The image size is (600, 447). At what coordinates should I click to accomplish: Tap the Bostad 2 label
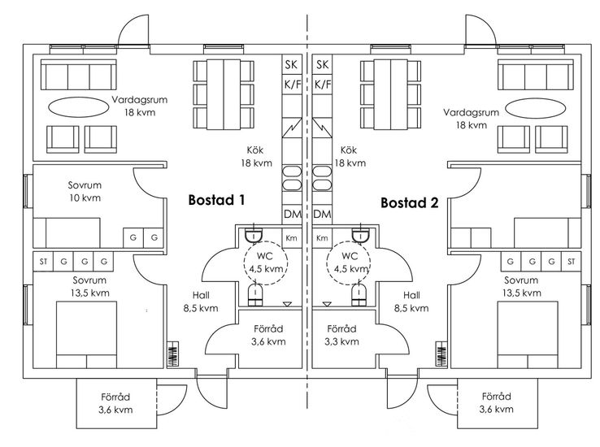click(x=410, y=202)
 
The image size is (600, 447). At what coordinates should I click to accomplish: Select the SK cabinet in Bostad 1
click(x=290, y=64)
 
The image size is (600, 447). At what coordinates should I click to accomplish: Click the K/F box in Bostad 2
click(x=322, y=84)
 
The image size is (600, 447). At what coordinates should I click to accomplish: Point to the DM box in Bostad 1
click(x=290, y=215)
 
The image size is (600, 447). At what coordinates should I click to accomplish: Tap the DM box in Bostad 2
click(x=322, y=215)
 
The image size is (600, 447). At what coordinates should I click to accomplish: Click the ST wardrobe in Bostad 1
click(x=43, y=262)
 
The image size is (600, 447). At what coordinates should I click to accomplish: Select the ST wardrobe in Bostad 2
click(x=571, y=262)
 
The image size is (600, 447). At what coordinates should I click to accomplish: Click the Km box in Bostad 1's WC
click(x=290, y=238)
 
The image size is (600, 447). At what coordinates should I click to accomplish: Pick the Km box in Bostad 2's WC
click(x=322, y=238)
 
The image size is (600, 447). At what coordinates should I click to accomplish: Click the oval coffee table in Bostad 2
click(x=535, y=107)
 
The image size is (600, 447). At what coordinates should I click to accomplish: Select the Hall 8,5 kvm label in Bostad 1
click(x=200, y=302)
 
